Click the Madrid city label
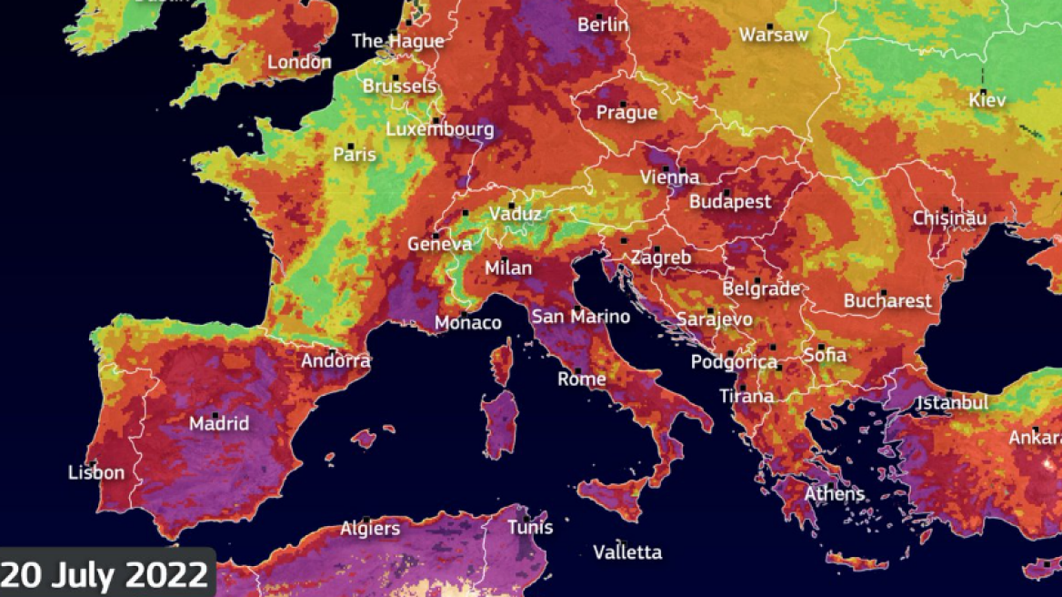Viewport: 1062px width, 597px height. [219, 424]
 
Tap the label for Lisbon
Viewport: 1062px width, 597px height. [96, 473]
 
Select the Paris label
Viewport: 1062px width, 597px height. [355, 155]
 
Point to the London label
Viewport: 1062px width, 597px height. [299, 63]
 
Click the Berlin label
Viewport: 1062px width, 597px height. [603, 25]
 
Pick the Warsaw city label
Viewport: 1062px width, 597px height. [774, 35]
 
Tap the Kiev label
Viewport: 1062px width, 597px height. [987, 100]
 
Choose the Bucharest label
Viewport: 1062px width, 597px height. [887, 300]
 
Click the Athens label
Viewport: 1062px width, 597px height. [835, 494]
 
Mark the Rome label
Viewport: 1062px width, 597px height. [581, 379]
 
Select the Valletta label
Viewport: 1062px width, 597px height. [627, 552]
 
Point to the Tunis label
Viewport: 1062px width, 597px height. [530, 527]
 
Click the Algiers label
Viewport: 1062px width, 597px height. [370, 529]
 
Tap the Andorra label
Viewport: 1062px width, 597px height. [336, 360]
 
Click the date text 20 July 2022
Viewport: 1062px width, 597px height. [105, 575]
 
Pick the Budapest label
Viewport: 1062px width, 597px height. [730, 202]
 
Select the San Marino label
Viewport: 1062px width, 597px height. [581, 317]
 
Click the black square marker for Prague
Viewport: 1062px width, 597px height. [623, 104]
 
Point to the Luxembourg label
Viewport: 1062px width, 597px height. [440, 130]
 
